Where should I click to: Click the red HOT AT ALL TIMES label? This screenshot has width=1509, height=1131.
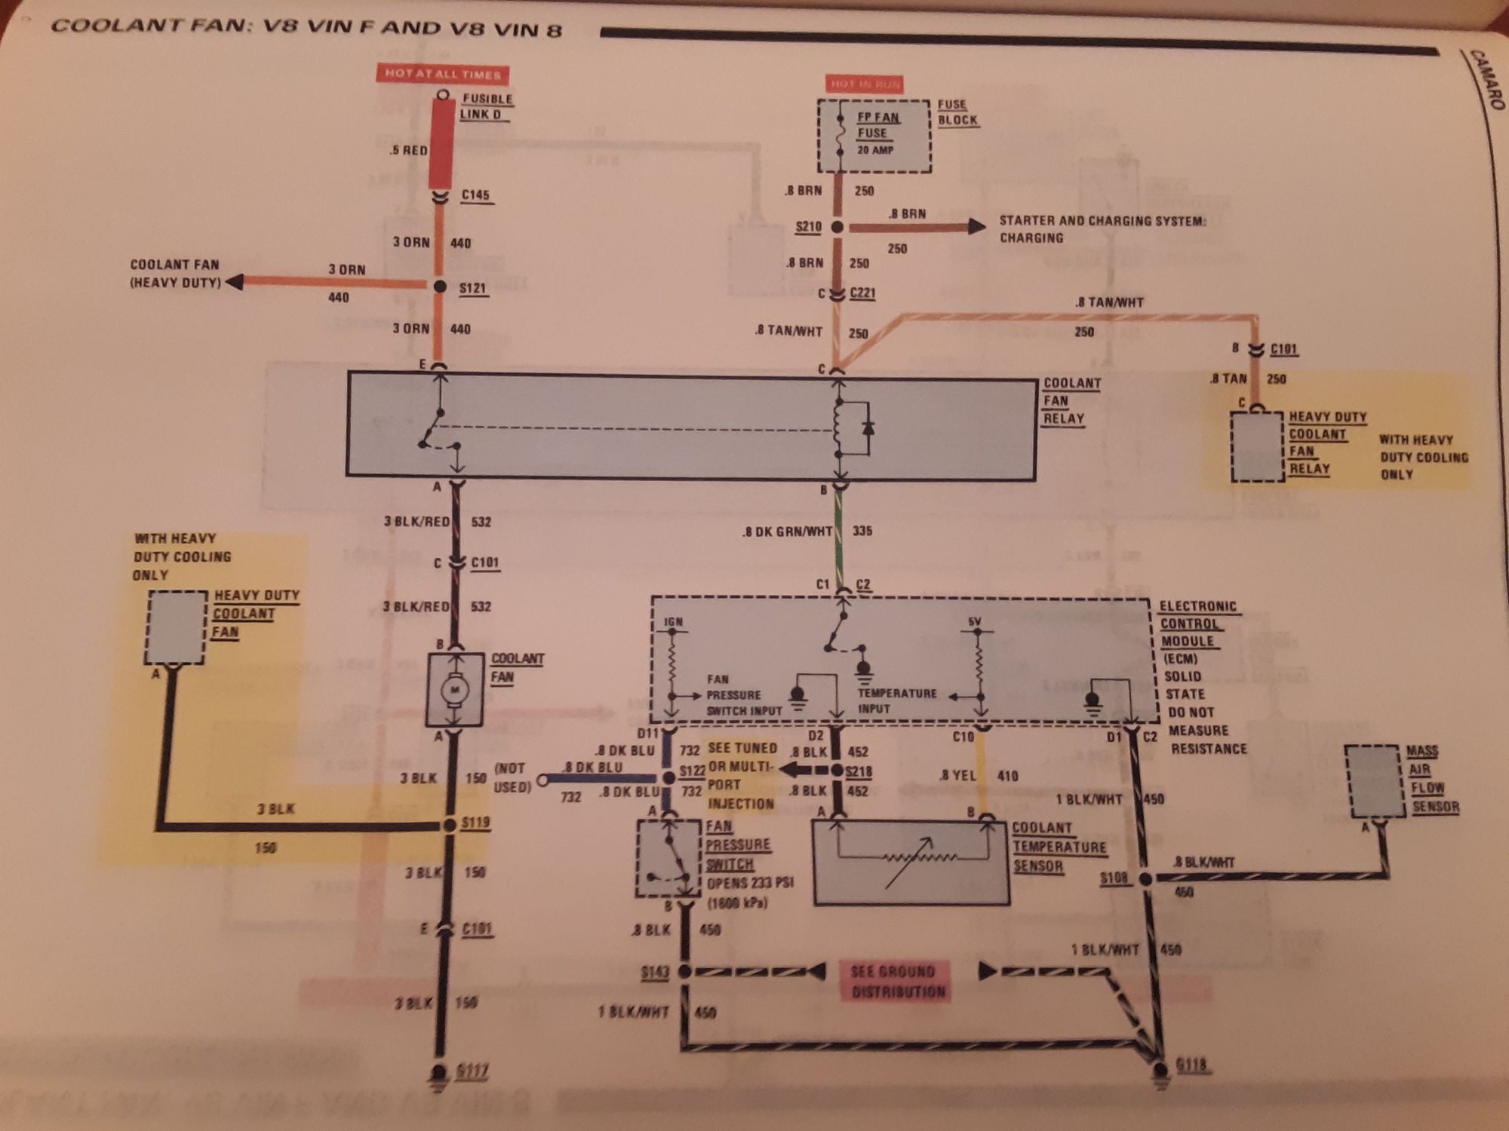click(442, 74)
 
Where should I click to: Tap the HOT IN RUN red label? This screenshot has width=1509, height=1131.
click(865, 84)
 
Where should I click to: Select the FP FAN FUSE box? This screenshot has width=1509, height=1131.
click(874, 136)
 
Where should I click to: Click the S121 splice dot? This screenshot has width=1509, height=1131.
click(441, 287)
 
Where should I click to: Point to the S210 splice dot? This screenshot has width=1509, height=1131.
click(837, 226)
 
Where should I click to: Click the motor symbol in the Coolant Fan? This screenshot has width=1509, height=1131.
click(455, 689)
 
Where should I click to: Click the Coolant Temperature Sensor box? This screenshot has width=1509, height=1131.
click(911, 862)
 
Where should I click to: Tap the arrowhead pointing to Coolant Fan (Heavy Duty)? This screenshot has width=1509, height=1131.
click(235, 283)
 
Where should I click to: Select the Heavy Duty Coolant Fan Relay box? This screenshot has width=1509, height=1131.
click(1257, 446)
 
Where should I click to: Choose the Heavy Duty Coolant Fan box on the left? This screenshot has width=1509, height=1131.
click(177, 627)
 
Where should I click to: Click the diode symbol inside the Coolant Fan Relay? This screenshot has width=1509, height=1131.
click(868, 428)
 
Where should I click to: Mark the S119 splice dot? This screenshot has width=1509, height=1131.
click(450, 825)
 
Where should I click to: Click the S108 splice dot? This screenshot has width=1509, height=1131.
click(1145, 878)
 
